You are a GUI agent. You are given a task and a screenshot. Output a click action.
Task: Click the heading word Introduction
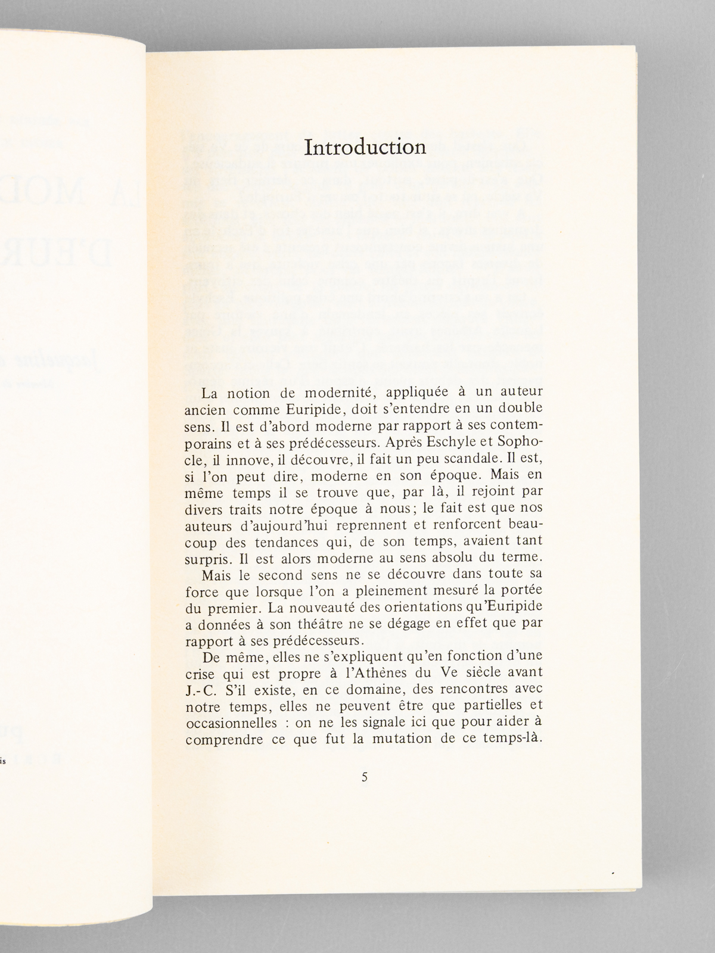(x=365, y=147)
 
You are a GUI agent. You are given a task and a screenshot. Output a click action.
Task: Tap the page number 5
(x=365, y=777)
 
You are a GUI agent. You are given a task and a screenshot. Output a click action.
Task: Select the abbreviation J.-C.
(x=203, y=692)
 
